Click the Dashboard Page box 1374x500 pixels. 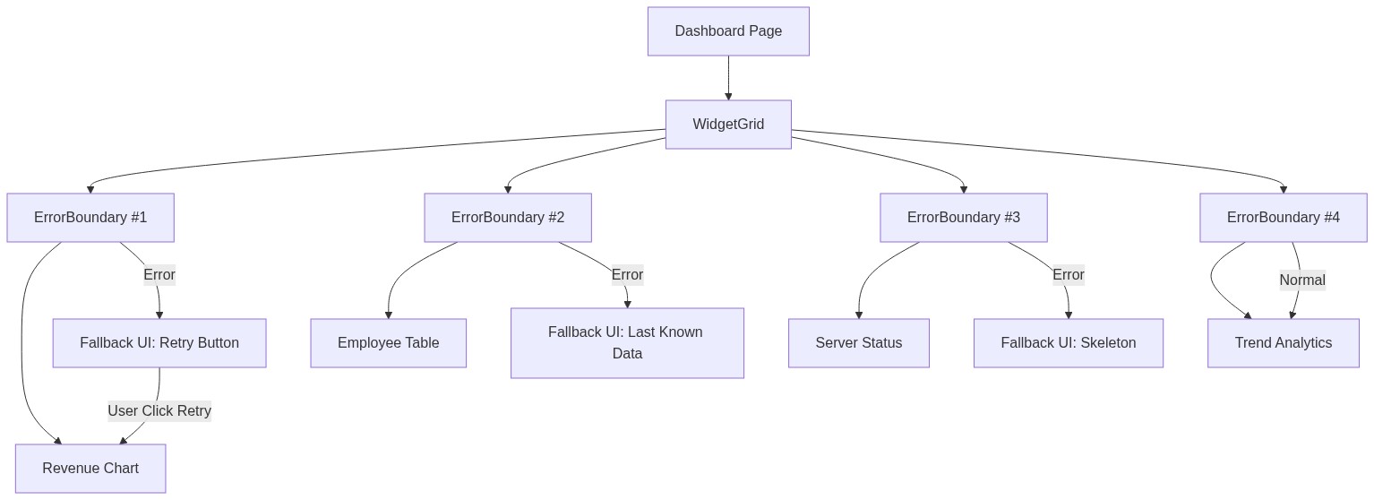tap(728, 31)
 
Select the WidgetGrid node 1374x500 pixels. tap(728, 125)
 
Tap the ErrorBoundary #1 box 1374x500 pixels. tap(90, 218)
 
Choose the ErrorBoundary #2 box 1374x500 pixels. tap(508, 218)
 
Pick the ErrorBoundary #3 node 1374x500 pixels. tap(964, 218)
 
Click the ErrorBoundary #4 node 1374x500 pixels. tap(1284, 218)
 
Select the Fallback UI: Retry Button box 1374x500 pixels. tap(159, 343)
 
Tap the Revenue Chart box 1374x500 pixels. tap(90, 469)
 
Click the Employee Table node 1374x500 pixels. tap(389, 343)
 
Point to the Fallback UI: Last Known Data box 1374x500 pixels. tap(627, 343)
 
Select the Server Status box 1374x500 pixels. tap(859, 343)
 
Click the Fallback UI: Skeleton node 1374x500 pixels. tap(1069, 343)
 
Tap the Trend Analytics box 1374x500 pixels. tap(1284, 343)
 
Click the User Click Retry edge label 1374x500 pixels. tap(159, 411)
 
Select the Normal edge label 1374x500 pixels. tap(1302, 280)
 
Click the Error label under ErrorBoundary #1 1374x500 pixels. tap(159, 275)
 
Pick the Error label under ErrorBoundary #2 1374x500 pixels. tap(627, 275)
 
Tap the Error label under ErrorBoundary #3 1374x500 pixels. tap(1069, 275)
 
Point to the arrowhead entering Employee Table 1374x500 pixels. tap(389, 314)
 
